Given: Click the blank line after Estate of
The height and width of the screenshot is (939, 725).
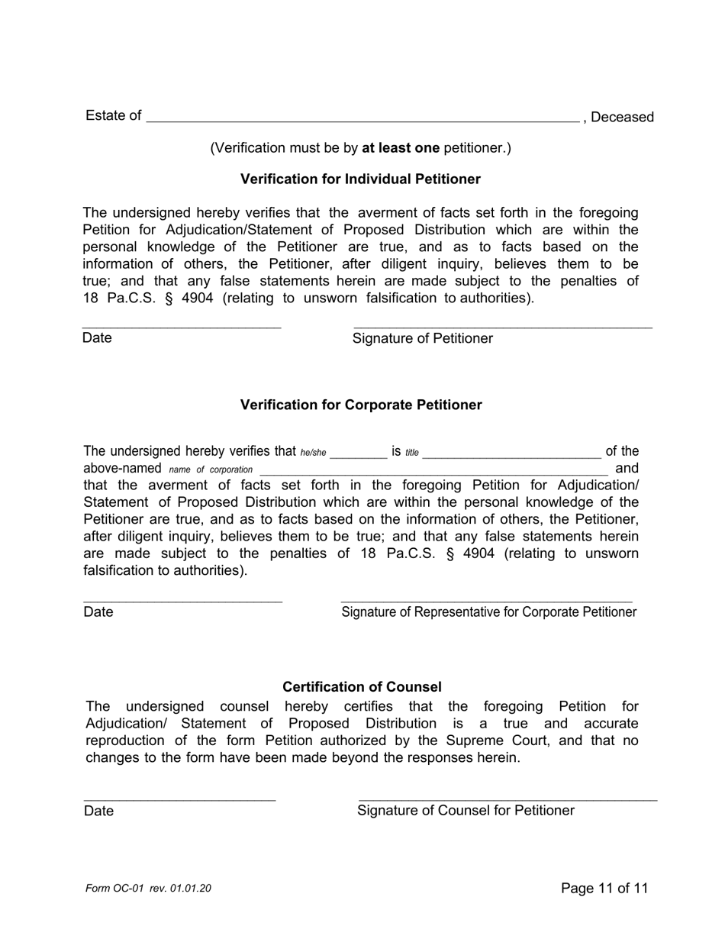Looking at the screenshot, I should click(362, 118).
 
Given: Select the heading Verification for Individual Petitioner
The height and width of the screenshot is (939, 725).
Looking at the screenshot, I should click(360, 179).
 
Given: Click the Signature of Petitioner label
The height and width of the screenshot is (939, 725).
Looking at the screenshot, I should click(422, 338).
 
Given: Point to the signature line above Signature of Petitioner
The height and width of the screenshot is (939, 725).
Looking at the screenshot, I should click(503, 327).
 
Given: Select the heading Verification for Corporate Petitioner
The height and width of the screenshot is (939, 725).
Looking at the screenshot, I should click(361, 405).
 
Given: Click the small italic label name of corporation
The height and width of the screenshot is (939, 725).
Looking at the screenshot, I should click(211, 469).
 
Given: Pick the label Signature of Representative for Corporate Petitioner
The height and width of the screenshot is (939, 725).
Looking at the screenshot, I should click(488, 612).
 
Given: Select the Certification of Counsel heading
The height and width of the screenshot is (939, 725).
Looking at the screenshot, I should click(362, 687).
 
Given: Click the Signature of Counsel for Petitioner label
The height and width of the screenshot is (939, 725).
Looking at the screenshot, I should click(466, 811).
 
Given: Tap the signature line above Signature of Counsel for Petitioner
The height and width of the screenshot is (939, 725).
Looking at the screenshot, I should click(507, 799).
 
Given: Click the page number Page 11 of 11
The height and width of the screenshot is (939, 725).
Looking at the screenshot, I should click(604, 888).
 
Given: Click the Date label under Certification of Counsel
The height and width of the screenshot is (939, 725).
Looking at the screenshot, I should click(98, 811).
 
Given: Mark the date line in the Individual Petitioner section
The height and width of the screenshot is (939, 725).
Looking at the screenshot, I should click(182, 327).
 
